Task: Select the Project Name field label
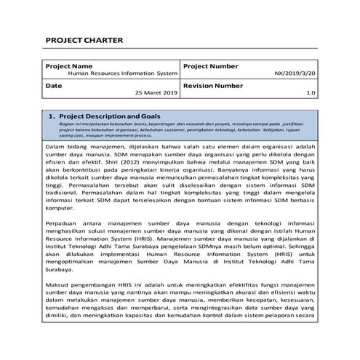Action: point(68,66)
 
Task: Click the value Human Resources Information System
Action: point(122,74)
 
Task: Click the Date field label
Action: point(53,85)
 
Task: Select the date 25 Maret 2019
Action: point(156,94)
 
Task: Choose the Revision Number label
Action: point(213,85)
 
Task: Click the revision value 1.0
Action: point(311,94)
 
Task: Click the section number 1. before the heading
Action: point(52,116)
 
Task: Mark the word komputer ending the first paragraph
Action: point(60,226)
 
